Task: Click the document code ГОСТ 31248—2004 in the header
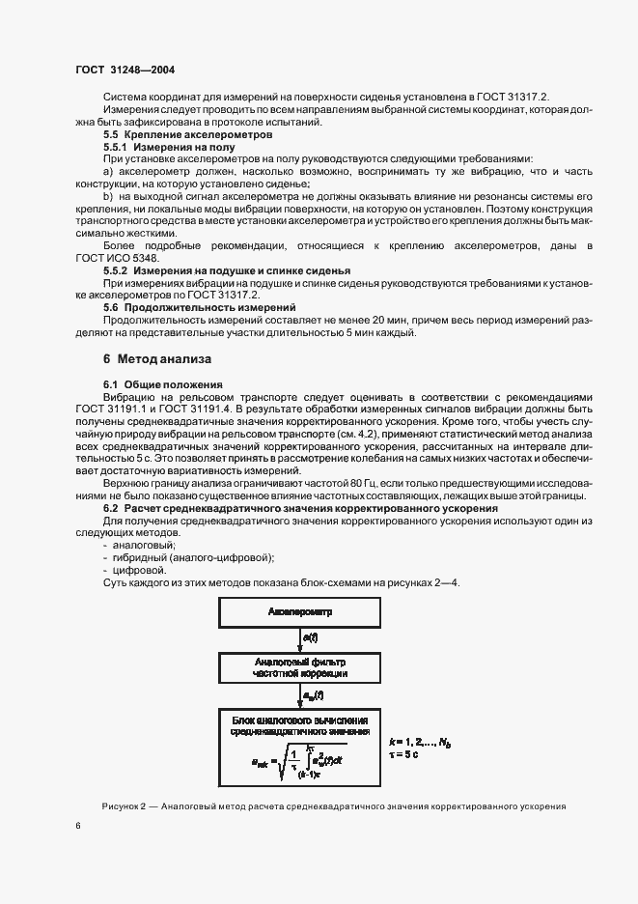[124, 70]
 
